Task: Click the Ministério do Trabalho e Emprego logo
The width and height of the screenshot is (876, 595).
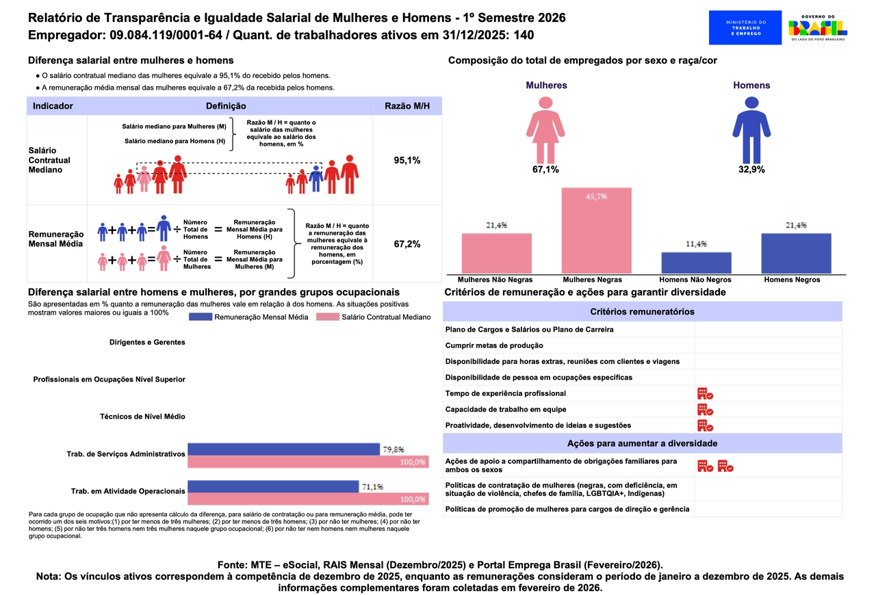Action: [x=745, y=27]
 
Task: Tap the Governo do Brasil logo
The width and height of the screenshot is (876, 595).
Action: [x=817, y=27]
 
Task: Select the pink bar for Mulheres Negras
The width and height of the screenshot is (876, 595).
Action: [x=596, y=230]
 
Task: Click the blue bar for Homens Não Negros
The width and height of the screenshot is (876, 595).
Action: [x=696, y=263]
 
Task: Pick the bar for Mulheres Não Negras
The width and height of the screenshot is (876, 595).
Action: [x=496, y=253]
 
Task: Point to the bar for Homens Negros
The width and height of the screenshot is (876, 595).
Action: [x=796, y=253]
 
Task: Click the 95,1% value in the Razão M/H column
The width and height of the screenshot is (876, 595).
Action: [x=407, y=160]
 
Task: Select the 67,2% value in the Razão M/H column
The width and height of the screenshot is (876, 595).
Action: [x=407, y=243]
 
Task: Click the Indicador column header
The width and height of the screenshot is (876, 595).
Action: [x=53, y=106]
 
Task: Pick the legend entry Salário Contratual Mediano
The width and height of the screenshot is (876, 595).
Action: [x=374, y=317]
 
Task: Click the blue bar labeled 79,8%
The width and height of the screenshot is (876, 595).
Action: [x=283, y=449]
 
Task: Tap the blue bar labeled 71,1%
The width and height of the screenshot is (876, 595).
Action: [x=273, y=486]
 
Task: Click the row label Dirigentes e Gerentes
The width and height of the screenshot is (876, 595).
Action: [x=147, y=342]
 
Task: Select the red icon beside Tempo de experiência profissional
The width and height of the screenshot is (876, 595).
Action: [x=705, y=393]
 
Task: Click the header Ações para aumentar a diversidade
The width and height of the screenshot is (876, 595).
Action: [x=642, y=443]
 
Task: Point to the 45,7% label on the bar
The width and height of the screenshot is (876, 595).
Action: [x=596, y=196]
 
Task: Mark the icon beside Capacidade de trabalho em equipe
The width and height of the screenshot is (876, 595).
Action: [x=705, y=410]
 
